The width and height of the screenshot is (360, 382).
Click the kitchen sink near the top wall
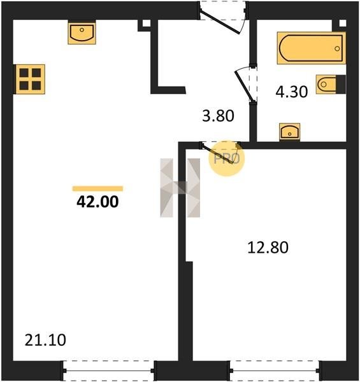pos(82,32)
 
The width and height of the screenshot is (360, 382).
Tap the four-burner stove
pos(30,79)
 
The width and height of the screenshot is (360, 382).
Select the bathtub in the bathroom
pos(311,48)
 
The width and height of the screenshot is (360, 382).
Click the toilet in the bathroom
pos(331,84)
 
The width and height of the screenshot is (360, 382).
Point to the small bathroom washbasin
pos(289,132)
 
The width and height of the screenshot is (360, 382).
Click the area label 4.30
pos(292,92)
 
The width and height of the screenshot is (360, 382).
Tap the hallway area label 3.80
pos(218,116)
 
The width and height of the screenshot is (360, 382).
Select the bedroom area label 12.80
pos(268,248)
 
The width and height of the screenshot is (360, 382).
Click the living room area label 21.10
pos(45,340)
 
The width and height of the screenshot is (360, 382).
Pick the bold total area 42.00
pos(97,202)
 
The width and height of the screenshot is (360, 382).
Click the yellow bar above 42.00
pos(97,188)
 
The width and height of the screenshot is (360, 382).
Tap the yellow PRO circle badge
pos(227,159)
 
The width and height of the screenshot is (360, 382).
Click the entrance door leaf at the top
pos(220,22)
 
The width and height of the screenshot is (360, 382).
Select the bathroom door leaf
pos(244,85)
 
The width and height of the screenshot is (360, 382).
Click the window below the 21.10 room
pos(108,371)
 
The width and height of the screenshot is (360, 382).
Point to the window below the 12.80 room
pos(275,371)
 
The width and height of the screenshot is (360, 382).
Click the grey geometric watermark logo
pos(180,188)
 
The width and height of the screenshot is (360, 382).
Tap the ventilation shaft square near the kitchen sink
pos(147,23)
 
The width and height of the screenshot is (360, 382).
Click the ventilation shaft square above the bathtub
pos(342,23)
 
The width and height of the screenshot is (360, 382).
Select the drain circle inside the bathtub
pos(337,49)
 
